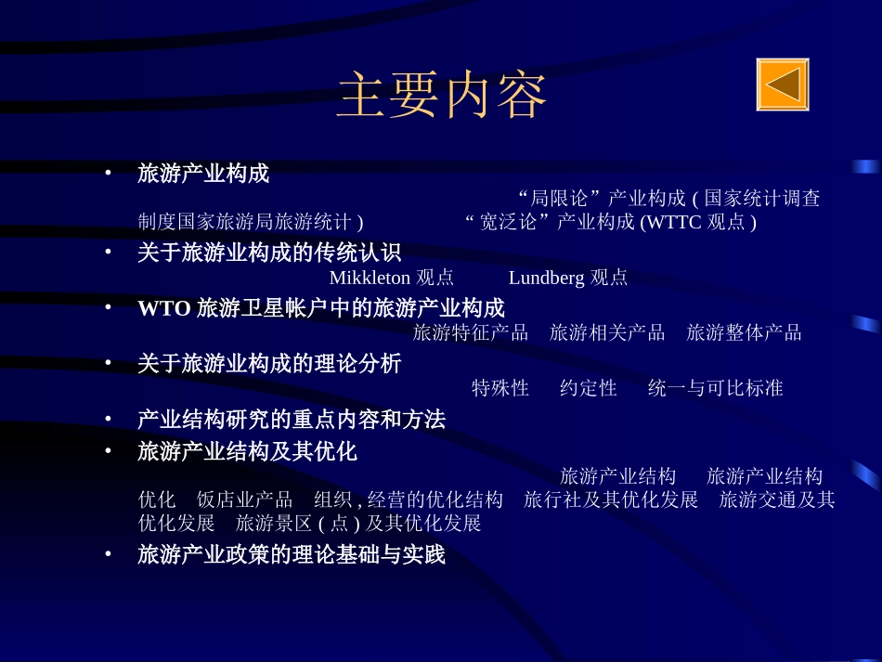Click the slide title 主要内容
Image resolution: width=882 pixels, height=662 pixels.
[x=441, y=97]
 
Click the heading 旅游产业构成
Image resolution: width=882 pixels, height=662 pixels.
[x=203, y=174]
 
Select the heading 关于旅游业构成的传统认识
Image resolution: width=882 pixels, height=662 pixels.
[x=269, y=253]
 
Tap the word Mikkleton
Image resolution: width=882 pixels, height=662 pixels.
[x=370, y=278]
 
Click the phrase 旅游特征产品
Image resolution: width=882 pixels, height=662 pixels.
[x=470, y=332]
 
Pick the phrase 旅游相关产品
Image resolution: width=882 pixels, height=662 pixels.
[x=607, y=332]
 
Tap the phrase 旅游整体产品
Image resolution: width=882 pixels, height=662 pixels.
[x=744, y=332]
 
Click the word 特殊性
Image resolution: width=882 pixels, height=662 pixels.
[x=500, y=388]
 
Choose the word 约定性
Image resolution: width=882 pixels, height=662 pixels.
[x=589, y=388]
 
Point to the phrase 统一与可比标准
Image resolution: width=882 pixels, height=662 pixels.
[x=715, y=388]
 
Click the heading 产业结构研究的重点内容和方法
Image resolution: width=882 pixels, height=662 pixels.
[x=292, y=420]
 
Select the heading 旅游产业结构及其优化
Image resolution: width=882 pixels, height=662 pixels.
[x=247, y=452]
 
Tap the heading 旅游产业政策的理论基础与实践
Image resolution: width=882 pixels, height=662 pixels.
[x=292, y=555]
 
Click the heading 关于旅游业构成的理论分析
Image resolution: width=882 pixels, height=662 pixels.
[x=269, y=364]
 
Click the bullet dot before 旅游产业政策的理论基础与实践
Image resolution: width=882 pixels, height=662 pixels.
[x=108, y=554]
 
